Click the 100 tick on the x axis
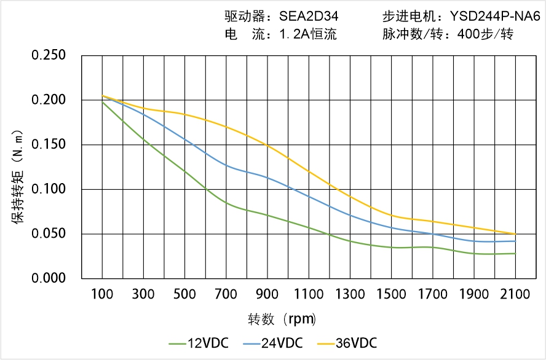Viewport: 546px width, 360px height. [102, 294]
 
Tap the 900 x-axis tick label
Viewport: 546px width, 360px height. [267, 294]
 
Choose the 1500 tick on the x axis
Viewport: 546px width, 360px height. [391, 294]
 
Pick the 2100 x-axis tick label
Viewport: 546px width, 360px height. [515, 294]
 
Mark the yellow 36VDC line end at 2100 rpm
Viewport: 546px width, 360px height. [515, 234]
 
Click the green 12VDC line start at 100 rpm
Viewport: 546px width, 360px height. [102, 101]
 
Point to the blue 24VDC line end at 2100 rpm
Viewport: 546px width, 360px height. [515, 241]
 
